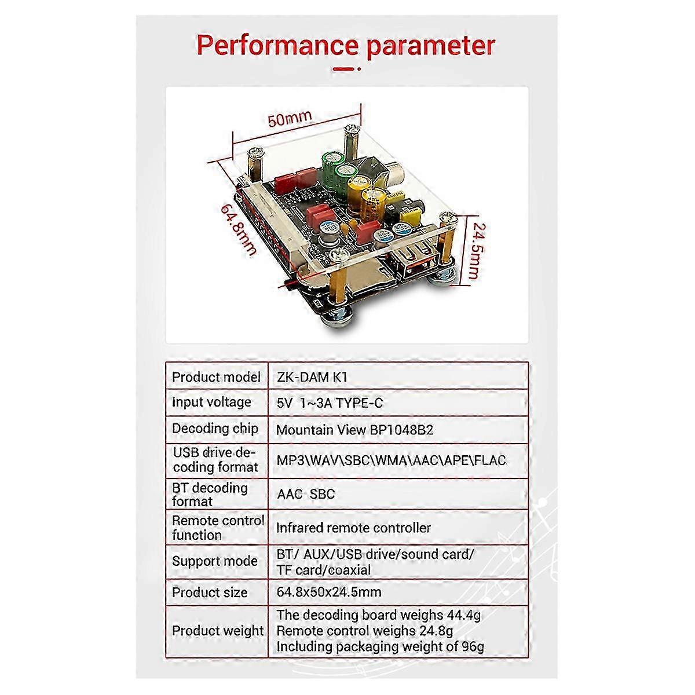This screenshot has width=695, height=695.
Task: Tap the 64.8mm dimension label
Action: (239, 230)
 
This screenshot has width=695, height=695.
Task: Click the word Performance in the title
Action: (277, 46)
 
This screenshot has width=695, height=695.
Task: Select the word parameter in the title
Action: (431, 47)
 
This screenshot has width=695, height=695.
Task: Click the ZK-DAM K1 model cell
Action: (312, 377)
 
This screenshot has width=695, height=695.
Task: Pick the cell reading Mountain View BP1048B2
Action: (354, 430)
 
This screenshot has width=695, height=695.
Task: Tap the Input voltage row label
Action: (211, 402)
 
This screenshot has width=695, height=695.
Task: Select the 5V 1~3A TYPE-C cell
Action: (330, 403)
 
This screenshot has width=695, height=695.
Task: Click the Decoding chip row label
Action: (215, 429)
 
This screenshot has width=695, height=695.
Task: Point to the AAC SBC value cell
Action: (306, 494)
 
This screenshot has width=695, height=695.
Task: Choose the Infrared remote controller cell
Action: (353, 528)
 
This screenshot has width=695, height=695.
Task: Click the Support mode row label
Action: (215, 561)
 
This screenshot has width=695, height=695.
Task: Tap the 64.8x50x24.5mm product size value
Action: (329, 592)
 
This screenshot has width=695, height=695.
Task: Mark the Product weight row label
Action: (218, 631)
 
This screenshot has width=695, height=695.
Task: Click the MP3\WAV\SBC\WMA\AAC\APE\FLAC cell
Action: (392, 460)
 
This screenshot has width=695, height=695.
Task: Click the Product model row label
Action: (216, 377)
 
